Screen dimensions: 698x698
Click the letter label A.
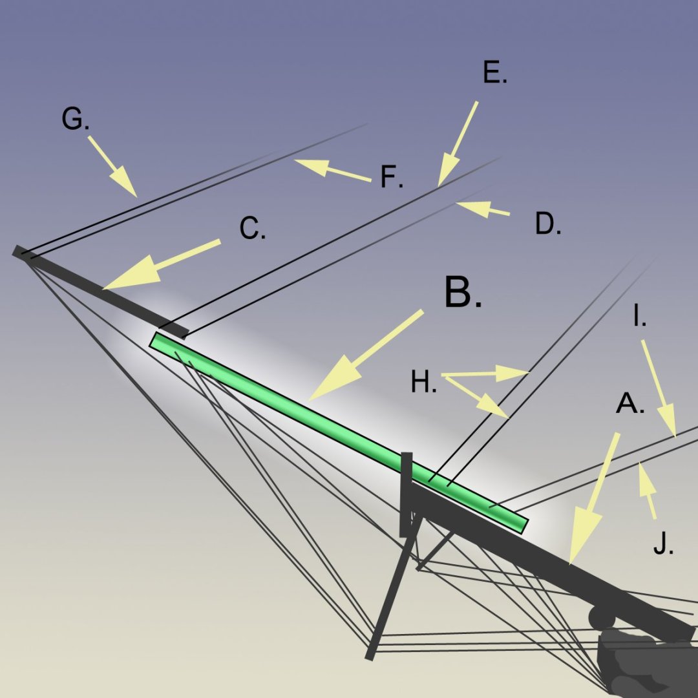click(629, 405)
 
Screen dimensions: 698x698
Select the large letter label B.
click(462, 293)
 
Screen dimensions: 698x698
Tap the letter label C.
click(251, 229)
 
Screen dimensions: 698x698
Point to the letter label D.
click(547, 224)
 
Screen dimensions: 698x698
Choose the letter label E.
click(494, 74)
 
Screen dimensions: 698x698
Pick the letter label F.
click(390, 177)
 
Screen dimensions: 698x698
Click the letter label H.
click(423, 383)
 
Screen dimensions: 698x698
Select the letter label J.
click(662, 545)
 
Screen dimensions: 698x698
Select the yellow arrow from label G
click(112, 166)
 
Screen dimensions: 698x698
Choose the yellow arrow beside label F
click(332, 169)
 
